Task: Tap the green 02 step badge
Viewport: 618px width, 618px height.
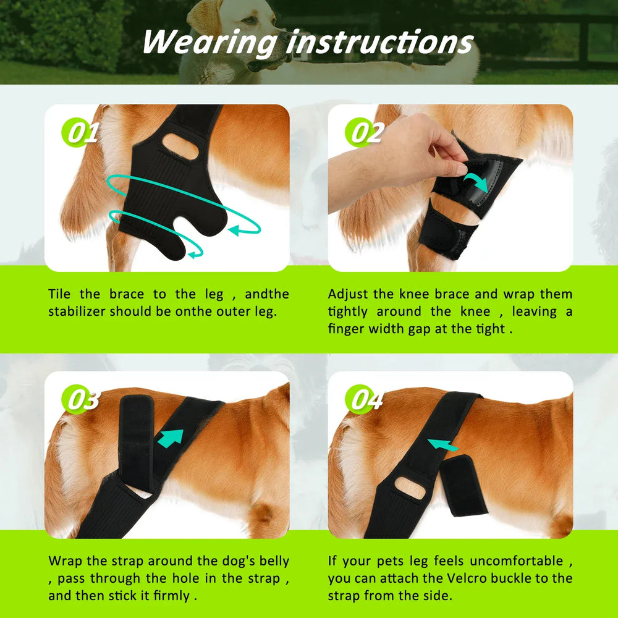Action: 365,132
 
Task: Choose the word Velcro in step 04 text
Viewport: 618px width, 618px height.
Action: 480,578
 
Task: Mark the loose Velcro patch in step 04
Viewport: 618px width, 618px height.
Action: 463,485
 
